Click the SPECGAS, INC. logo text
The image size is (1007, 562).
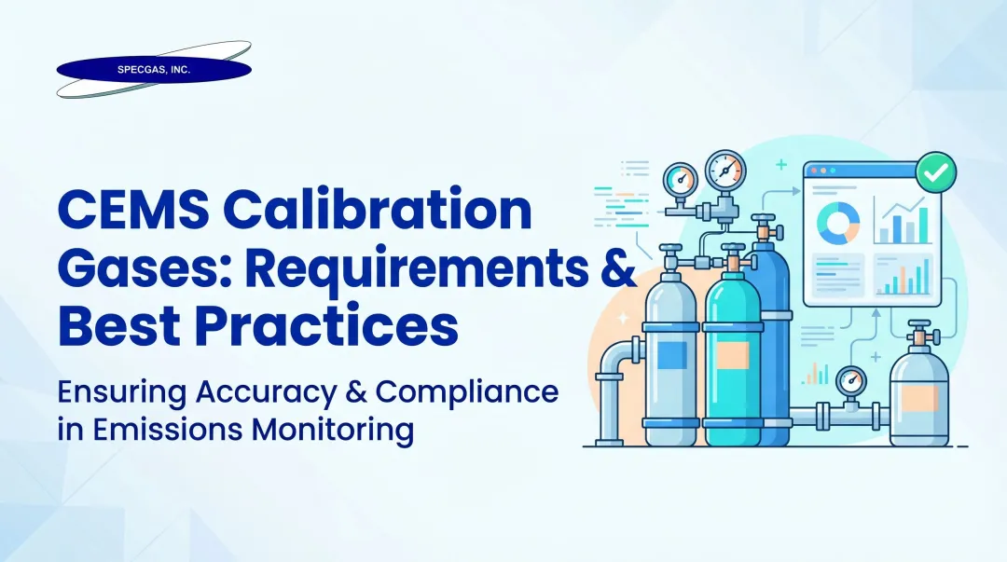click(153, 70)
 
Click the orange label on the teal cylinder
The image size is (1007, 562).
click(732, 354)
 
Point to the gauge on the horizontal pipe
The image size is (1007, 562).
click(849, 382)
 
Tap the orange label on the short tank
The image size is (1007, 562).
click(920, 398)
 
